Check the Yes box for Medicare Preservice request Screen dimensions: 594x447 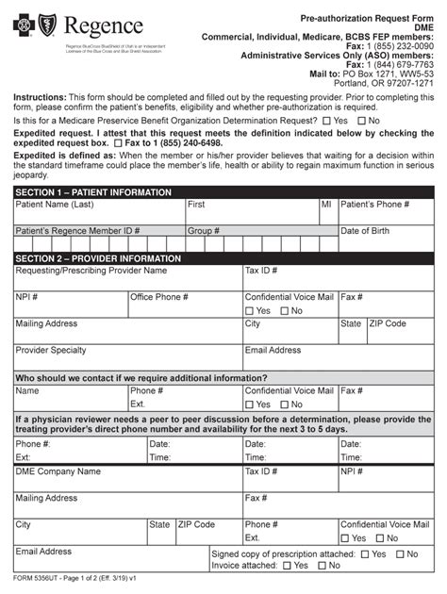326,122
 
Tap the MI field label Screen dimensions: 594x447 326,205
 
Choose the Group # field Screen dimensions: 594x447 259,239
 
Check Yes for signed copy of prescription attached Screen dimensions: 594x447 365,554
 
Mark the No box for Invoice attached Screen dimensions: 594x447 323,567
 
